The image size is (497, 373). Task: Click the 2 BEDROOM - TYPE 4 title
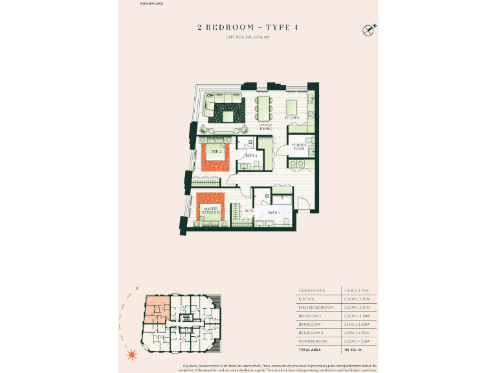pyautogui.click(x=248, y=28)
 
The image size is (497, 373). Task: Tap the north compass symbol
pyautogui.click(x=369, y=29)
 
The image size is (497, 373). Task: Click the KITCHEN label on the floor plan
pyautogui.click(x=293, y=118)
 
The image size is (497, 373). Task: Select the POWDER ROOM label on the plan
pyautogui.click(x=298, y=147)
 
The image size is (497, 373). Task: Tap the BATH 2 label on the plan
pyautogui.click(x=251, y=156)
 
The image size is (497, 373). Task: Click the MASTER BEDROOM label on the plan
pyautogui.click(x=210, y=210)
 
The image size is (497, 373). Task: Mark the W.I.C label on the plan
pyautogui.click(x=248, y=210)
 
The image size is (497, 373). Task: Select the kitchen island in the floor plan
pyautogui.click(x=292, y=107)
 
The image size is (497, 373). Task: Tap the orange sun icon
pyautogui.click(x=133, y=354)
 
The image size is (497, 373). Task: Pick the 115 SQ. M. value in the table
pyautogui.click(x=362, y=349)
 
